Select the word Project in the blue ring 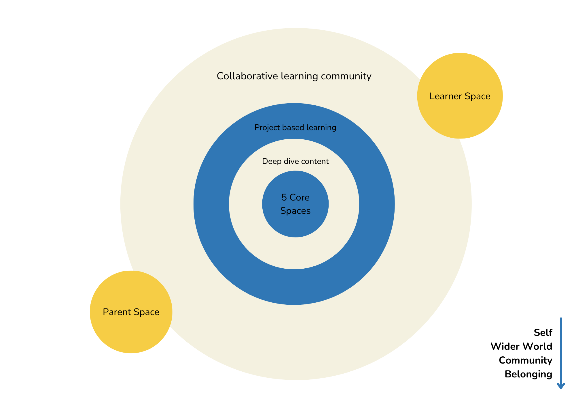point(264,128)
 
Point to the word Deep point(272,161)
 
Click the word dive point(291,161)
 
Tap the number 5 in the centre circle point(284,197)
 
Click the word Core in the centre point(300,197)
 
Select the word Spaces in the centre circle point(295,211)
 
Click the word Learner point(446,96)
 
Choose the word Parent point(117,312)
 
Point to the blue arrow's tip point(561,388)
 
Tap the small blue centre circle point(295,225)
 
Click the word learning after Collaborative point(299,76)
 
